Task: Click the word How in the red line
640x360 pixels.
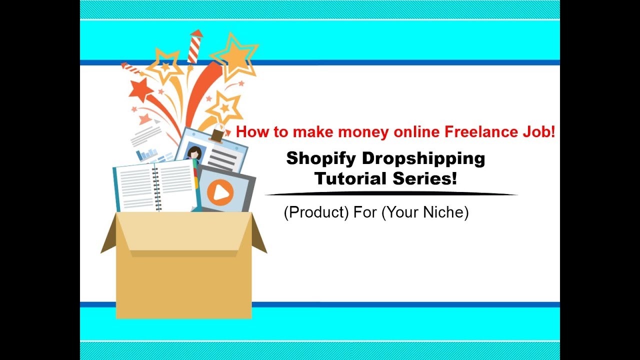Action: click(x=250, y=132)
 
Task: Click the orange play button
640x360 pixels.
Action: click(x=220, y=192)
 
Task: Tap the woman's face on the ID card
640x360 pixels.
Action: click(x=194, y=152)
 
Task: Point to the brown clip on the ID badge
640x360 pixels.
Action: click(x=216, y=135)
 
